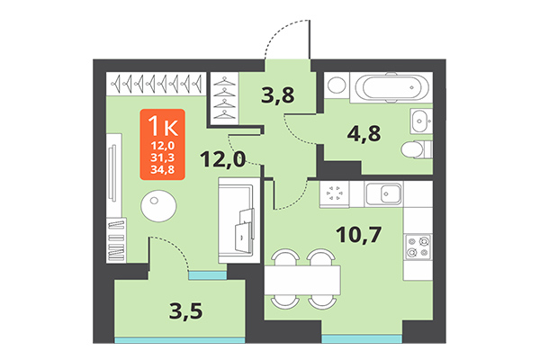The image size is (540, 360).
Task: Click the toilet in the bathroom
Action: tap(416, 150)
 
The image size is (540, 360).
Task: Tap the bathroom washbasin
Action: tap(421, 121)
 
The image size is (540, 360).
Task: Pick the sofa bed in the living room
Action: tap(239, 220)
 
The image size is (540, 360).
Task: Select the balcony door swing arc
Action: tap(171, 247)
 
